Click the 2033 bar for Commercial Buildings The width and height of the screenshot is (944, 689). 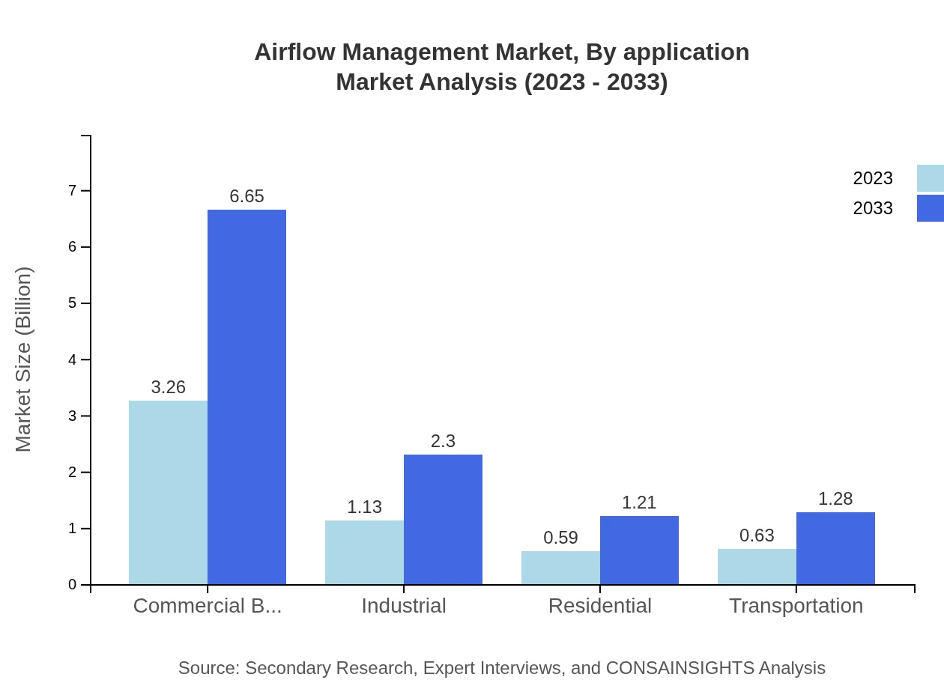pos(246,397)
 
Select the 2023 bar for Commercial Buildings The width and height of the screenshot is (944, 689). pos(168,492)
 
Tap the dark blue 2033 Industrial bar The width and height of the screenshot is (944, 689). pos(443,519)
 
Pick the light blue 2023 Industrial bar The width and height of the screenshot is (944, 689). pos(364,552)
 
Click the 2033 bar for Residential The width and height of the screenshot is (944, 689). pos(639,550)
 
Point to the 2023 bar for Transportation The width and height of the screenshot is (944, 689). pos(757,566)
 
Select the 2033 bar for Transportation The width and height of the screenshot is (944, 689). pos(835,548)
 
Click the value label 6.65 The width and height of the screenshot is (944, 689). pos(246,196)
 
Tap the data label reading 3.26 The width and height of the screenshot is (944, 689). pos(168,387)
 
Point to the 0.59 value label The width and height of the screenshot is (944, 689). pos(560,538)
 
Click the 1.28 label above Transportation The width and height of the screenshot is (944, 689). pos(835,499)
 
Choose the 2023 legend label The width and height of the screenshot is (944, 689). pos(873,178)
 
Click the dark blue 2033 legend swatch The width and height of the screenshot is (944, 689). pos(930,208)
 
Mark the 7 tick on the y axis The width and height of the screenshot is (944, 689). pos(73,191)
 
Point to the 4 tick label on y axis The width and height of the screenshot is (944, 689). pos(73,359)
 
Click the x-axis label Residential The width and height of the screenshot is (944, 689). pos(599,605)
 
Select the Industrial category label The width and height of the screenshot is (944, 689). pos(403,605)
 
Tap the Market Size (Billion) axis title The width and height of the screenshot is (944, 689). pos(24,359)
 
